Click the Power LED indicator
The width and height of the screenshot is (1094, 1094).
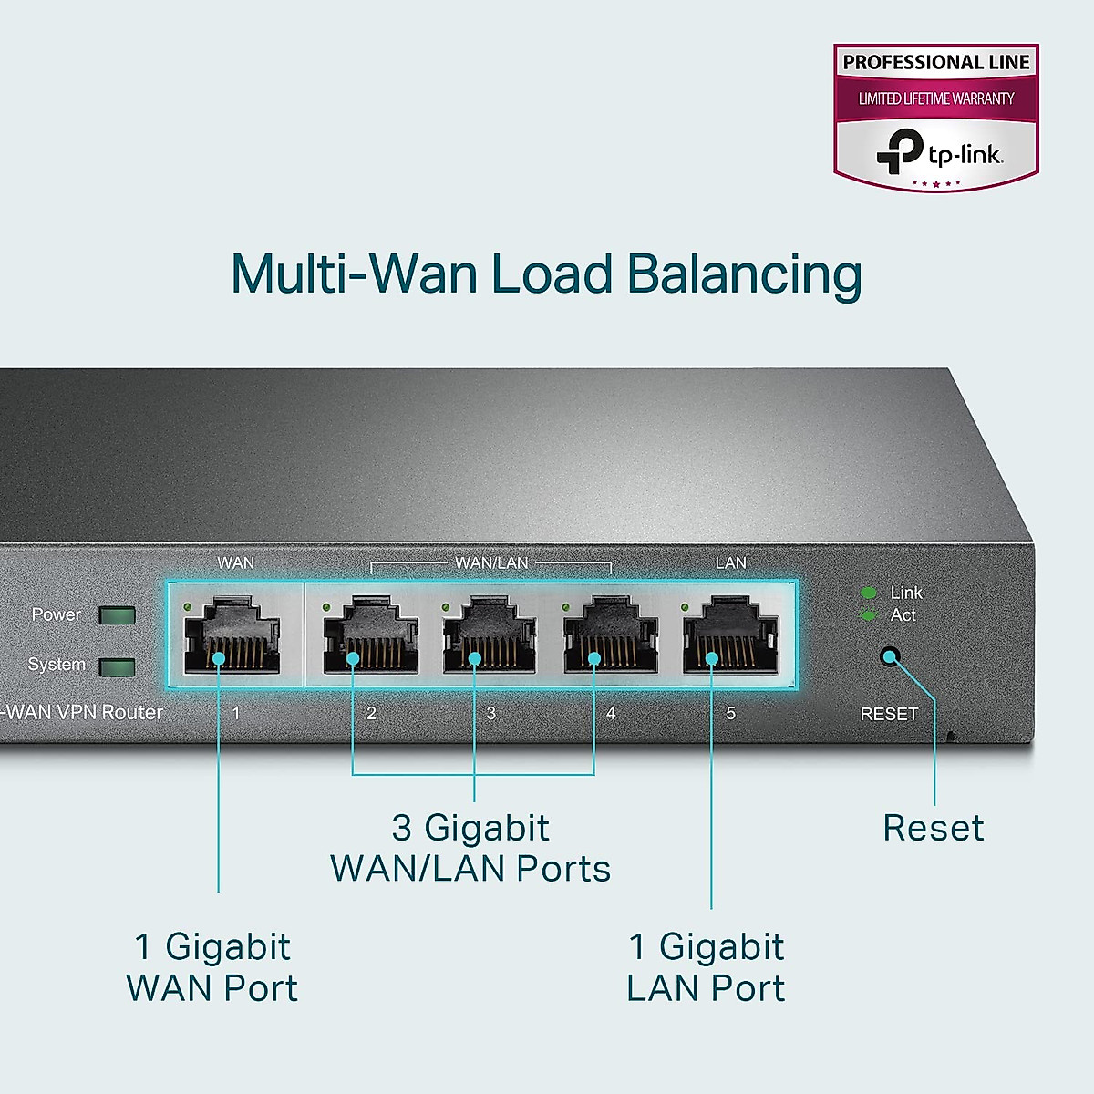pos(117,615)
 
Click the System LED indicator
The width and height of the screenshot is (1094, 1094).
pos(117,667)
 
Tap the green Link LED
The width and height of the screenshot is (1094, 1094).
pos(868,593)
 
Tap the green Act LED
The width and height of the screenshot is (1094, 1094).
pos(868,615)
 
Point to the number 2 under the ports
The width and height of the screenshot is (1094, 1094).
pos(371,713)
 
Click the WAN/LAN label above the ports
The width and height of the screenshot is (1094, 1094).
pos(491,563)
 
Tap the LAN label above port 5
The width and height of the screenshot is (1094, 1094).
pos(730,563)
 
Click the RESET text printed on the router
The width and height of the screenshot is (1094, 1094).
pos(889,714)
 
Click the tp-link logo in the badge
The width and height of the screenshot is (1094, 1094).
pos(939,151)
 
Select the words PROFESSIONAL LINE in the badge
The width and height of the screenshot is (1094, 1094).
pos(936,63)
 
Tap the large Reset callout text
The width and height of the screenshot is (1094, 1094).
pos(934,828)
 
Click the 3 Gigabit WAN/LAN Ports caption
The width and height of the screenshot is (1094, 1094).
pos(470,848)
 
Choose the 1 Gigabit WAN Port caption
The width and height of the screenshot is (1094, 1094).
pos(212,967)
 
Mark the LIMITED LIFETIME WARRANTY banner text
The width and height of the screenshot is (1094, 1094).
pos(936,98)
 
